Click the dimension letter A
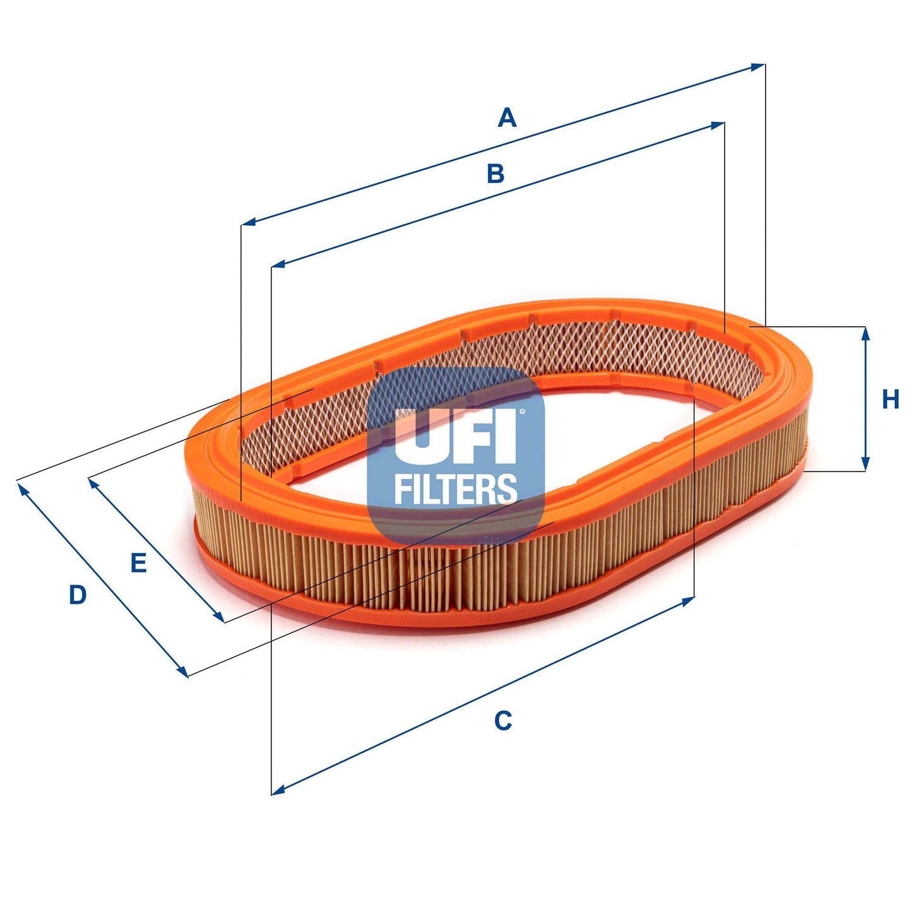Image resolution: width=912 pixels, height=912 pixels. [x=507, y=117]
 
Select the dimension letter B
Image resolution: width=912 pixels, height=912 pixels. [x=495, y=173]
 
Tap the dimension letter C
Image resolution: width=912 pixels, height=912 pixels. [x=502, y=720]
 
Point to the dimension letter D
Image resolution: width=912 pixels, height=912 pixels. [x=78, y=595]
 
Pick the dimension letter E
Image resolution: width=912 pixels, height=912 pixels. [x=138, y=562]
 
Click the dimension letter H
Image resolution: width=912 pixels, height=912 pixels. [x=890, y=400]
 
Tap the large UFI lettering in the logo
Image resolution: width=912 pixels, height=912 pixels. [x=454, y=437]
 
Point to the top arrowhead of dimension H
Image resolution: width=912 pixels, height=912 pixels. [x=865, y=333]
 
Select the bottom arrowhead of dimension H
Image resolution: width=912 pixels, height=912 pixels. [x=865, y=465]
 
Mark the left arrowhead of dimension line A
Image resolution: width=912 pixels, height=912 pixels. [x=248, y=222]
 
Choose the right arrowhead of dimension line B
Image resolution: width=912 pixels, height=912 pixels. [x=718, y=125]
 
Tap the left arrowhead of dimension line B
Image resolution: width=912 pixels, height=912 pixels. [x=278, y=264]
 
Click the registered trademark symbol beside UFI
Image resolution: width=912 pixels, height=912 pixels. [x=521, y=412]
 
